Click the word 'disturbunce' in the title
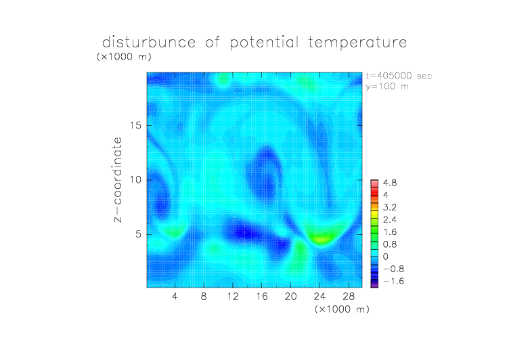click(149, 42)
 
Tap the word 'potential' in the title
click(264, 43)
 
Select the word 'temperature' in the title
click(357, 43)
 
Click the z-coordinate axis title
click(118, 180)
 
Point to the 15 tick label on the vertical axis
click(135, 125)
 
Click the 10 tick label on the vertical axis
click(135, 180)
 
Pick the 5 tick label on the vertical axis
click(139, 234)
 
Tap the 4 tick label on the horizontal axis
click(175, 296)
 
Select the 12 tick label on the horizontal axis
click(233, 296)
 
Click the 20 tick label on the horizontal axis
click(290, 296)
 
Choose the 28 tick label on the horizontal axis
click(349, 296)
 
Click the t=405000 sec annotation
click(399, 76)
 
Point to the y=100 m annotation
click(387, 87)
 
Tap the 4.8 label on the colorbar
click(390, 183)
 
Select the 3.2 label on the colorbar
click(390, 208)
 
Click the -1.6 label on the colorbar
click(394, 281)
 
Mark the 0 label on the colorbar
click(386, 256)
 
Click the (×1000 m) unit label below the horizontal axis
click(342, 309)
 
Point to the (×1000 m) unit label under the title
click(124, 57)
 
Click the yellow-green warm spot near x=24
click(320, 239)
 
